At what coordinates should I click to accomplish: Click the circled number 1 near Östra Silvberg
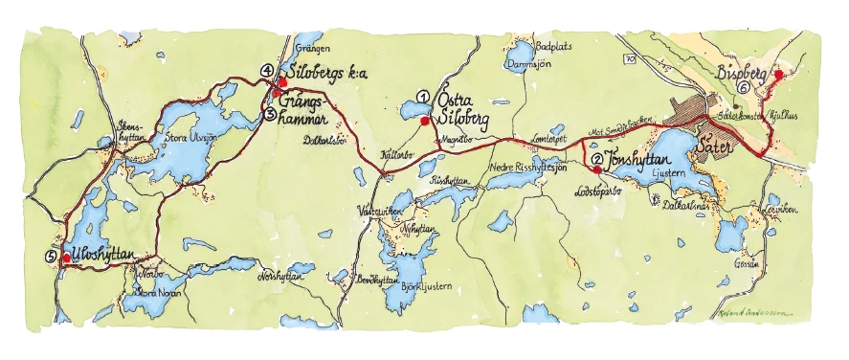coord(421,96)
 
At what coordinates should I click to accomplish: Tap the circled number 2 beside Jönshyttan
coord(596,160)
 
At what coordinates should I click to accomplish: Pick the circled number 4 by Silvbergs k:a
coord(266,71)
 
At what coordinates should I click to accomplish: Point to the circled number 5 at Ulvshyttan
coord(51,256)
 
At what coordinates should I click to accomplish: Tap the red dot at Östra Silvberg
coord(424,121)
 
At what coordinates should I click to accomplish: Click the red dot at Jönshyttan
coord(597,170)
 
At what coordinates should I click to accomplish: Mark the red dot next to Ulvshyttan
coord(65,258)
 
